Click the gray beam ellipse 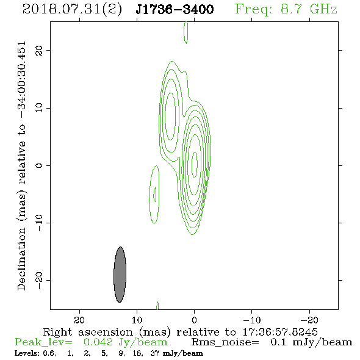[x=120, y=275]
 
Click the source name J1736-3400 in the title [x=175, y=9]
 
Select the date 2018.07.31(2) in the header [x=73, y=10]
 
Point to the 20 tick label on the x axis [x=79, y=320]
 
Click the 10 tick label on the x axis [x=137, y=320]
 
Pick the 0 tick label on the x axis [x=194, y=320]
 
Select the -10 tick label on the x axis [x=252, y=320]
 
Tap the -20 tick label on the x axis [x=309, y=320]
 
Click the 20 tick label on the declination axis [x=39, y=50]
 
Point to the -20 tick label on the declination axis [x=39, y=281]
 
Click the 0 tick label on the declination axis [x=39, y=165]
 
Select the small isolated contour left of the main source [x=149, y=195]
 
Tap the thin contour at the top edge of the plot [x=186, y=32]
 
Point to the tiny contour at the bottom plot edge [x=157, y=306]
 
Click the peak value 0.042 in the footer [x=98, y=342]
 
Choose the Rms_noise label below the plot [x=225, y=342]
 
